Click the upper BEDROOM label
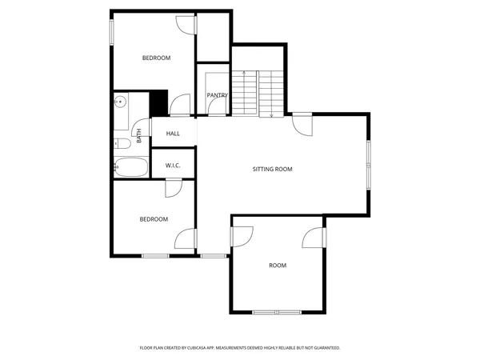tap(156, 58)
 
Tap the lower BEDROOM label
tap(154, 219)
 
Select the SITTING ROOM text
tap(272, 170)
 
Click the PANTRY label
tap(217, 95)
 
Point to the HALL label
tap(173, 134)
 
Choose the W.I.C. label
tap(173, 166)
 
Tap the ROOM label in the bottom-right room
tap(277, 265)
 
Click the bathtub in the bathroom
tap(130, 168)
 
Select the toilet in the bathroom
tap(122, 144)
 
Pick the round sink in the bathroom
tap(121, 102)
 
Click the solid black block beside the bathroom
tap(158, 103)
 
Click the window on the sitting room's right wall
tap(369, 166)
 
